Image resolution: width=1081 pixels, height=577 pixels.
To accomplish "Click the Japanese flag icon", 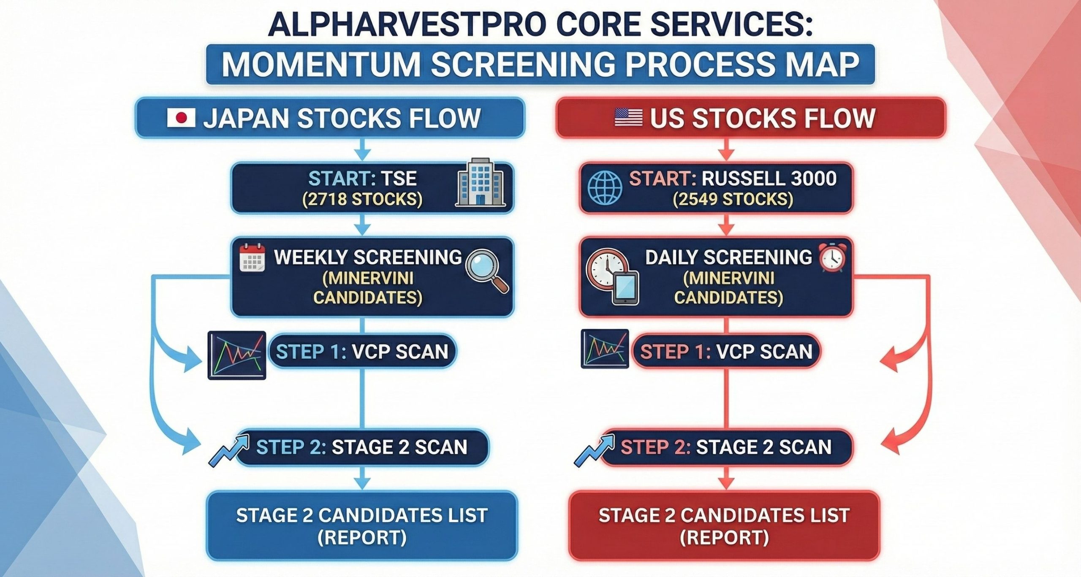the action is coord(181,118).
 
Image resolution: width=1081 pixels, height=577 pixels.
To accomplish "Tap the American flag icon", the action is coord(628,117).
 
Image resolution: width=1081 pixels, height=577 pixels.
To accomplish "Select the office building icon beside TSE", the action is coord(481,182).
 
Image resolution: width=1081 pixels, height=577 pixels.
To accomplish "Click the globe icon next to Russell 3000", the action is coord(605,188).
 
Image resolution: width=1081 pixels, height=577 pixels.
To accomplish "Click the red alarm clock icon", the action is coord(832,258).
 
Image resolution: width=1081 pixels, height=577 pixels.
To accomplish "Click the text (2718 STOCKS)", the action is coord(362,199).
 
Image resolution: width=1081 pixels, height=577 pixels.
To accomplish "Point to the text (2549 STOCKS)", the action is coord(733,199).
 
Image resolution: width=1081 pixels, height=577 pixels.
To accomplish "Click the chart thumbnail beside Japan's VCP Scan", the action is coord(237,355).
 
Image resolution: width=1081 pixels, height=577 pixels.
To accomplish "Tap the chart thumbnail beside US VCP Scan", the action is coord(605,349).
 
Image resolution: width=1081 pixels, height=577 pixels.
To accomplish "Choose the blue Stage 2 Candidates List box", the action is coord(362,526).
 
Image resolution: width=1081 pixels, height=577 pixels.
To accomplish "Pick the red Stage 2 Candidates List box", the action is coord(724,526).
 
